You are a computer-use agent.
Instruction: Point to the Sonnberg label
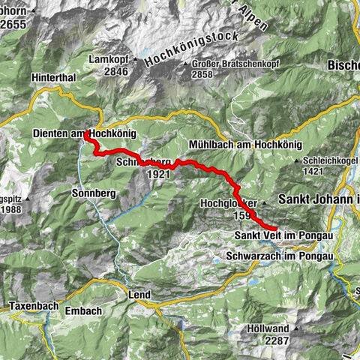point(94,193)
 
